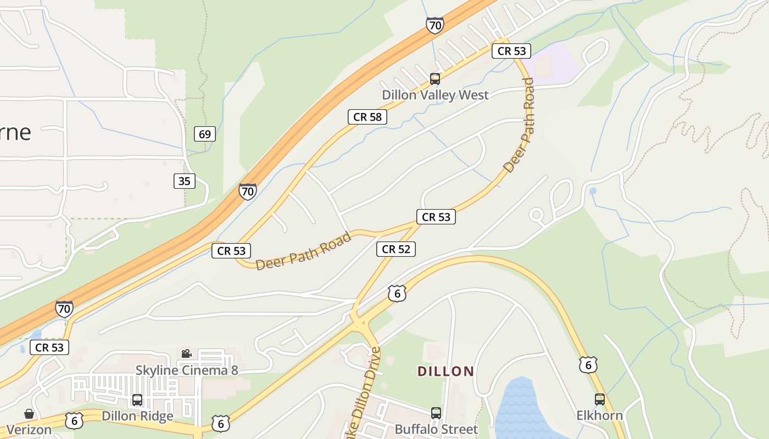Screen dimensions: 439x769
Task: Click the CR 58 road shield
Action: point(367,117)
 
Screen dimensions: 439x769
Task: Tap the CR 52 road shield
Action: point(395,249)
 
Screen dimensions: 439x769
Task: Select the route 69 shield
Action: point(205,134)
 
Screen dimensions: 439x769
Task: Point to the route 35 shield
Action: point(185,181)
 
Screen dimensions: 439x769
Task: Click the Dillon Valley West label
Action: point(435,95)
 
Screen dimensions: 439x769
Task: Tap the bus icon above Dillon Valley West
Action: point(435,79)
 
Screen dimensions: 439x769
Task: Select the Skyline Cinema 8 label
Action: point(187,370)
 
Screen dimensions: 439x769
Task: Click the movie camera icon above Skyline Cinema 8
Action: point(187,354)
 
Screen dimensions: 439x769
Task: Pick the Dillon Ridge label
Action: point(137,416)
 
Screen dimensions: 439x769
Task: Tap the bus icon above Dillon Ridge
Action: point(137,400)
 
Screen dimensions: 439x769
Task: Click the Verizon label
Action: point(29,429)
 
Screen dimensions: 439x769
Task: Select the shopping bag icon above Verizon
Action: point(29,414)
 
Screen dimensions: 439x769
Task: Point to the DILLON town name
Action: point(446,372)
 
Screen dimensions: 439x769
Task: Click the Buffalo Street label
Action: point(436,429)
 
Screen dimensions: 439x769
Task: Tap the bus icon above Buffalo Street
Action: point(436,413)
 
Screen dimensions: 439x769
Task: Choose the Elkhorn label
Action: point(599,415)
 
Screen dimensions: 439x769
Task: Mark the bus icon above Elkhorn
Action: point(599,399)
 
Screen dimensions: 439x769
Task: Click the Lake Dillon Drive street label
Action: point(365,401)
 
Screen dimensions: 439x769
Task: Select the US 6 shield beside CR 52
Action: point(397,293)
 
